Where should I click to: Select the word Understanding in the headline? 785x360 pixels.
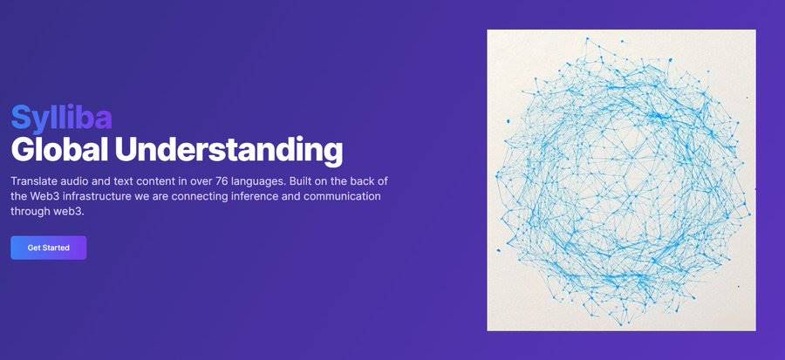(229, 150)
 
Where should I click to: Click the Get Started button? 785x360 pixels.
(49, 248)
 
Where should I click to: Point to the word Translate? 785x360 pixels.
(32, 181)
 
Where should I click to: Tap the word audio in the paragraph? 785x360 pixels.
(71, 181)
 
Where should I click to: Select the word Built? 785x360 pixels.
(301, 181)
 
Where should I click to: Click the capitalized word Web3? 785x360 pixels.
(43, 196)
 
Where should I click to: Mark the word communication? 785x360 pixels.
(342, 196)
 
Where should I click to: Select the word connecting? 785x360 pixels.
(199, 197)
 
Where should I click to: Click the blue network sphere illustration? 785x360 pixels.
(621, 180)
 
